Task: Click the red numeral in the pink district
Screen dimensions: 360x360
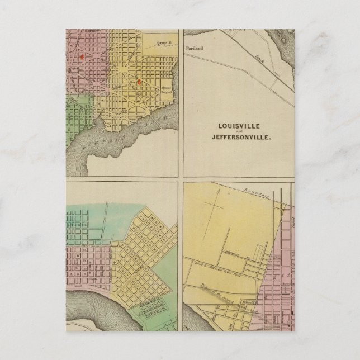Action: (82, 56)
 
